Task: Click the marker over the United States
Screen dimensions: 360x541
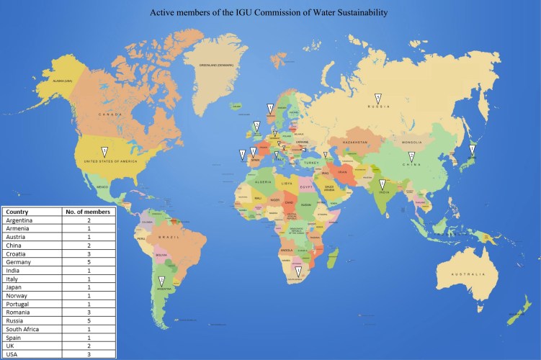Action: tap(104, 150)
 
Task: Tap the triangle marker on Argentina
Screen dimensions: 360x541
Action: tap(162, 281)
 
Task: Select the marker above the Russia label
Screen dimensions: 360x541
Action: tap(377, 97)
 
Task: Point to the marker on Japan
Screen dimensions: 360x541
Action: tap(472, 150)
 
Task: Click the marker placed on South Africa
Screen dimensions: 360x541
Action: tap(298, 271)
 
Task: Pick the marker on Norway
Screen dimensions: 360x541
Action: tap(270, 109)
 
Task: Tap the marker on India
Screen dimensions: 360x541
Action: tap(383, 184)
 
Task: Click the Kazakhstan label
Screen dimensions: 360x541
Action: tap(354, 143)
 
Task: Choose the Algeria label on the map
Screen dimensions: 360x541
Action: tap(262, 182)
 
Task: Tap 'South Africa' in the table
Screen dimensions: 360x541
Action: tap(24, 329)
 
